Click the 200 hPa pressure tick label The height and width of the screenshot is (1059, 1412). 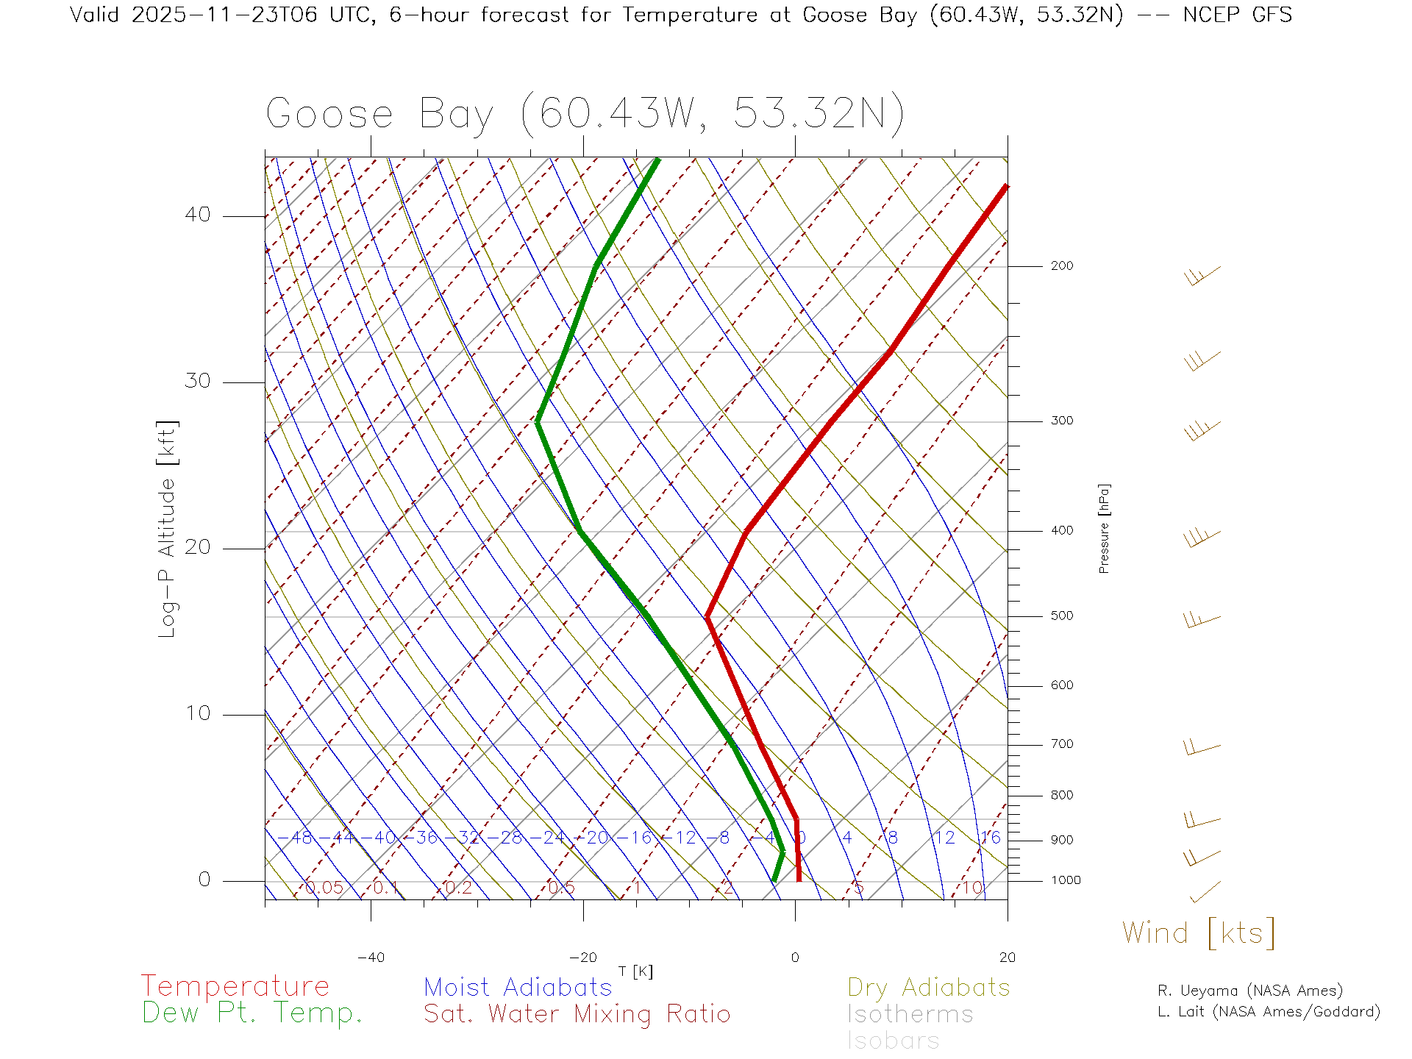[x=1062, y=265]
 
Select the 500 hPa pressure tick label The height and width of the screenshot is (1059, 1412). [x=1062, y=616]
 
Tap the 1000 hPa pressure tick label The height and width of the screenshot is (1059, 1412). [x=1066, y=880]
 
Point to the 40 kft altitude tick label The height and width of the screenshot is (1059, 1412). [x=198, y=215]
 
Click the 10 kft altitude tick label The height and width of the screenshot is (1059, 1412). [x=198, y=713]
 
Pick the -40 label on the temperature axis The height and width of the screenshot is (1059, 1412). [x=371, y=958]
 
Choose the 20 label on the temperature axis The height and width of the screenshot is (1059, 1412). [x=1007, y=958]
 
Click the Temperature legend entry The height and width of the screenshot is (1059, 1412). [x=235, y=986]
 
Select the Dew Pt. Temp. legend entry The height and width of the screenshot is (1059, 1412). [x=252, y=1013]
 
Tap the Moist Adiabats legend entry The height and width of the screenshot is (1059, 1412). [x=518, y=987]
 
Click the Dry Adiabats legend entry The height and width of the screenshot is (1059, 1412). [x=929, y=987]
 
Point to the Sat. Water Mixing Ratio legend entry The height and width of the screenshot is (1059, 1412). [x=577, y=1014]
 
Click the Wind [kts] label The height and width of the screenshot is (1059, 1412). [x=1199, y=933]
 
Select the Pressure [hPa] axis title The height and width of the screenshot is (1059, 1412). [x=1104, y=528]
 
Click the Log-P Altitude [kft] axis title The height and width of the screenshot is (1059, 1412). [x=168, y=529]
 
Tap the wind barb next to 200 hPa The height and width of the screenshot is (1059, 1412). [x=1202, y=277]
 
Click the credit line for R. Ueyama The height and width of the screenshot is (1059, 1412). [x=1250, y=991]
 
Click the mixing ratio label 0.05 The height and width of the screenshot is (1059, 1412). [x=324, y=888]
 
